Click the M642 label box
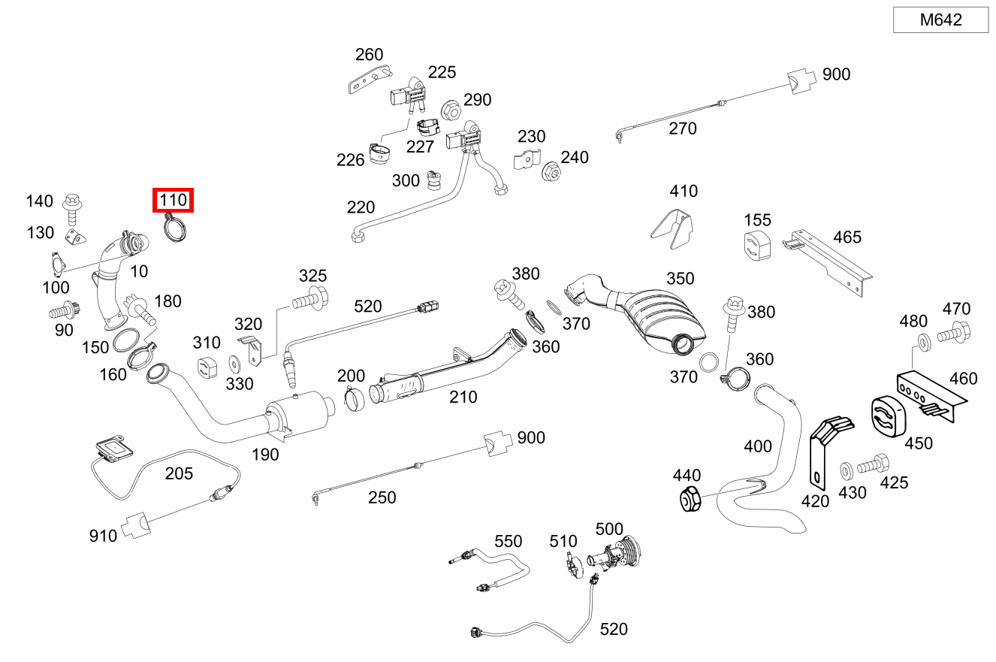tap(940, 20)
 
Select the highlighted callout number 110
tap(173, 200)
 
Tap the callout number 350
tap(680, 279)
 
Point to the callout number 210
tap(463, 397)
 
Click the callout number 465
tap(847, 237)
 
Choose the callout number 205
tap(179, 473)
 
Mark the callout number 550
tap(508, 541)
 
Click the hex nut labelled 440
tap(690, 499)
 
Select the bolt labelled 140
tap(72, 209)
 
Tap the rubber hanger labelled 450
tap(888, 416)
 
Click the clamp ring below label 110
tap(175, 228)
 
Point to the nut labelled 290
tap(451, 110)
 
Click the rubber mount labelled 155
tap(757, 246)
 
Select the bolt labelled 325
tap(310, 299)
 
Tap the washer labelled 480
tap(925, 343)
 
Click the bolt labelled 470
tap(954, 333)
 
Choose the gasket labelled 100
tap(58, 262)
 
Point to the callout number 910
tap(103, 536)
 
